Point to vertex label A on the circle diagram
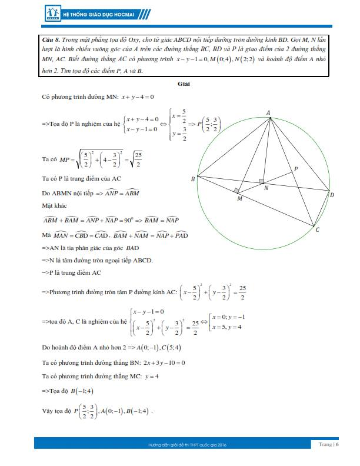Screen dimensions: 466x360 click(x=268, y=112)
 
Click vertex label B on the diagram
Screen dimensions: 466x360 click(x=192, y=179)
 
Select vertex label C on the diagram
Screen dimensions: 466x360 click(x=318, y=229)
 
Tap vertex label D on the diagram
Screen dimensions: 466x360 click(x=332, y=195)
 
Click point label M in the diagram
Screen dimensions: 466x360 click(x=239, y=199)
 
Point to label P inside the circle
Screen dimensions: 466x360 click(x=295, y=169)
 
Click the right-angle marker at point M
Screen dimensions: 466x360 click(x=236, y=191)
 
